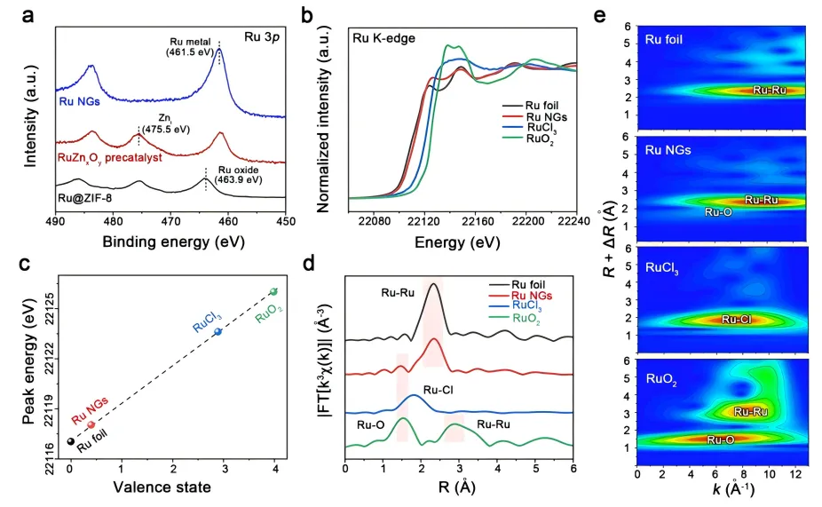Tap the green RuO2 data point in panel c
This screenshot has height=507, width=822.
click(x=273, y=291)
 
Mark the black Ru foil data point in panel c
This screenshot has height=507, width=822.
click(x=71, y=441)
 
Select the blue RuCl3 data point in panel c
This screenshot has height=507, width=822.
click(x=218, y=332)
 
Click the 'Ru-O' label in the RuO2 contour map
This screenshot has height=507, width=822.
click(x=720, y=440)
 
